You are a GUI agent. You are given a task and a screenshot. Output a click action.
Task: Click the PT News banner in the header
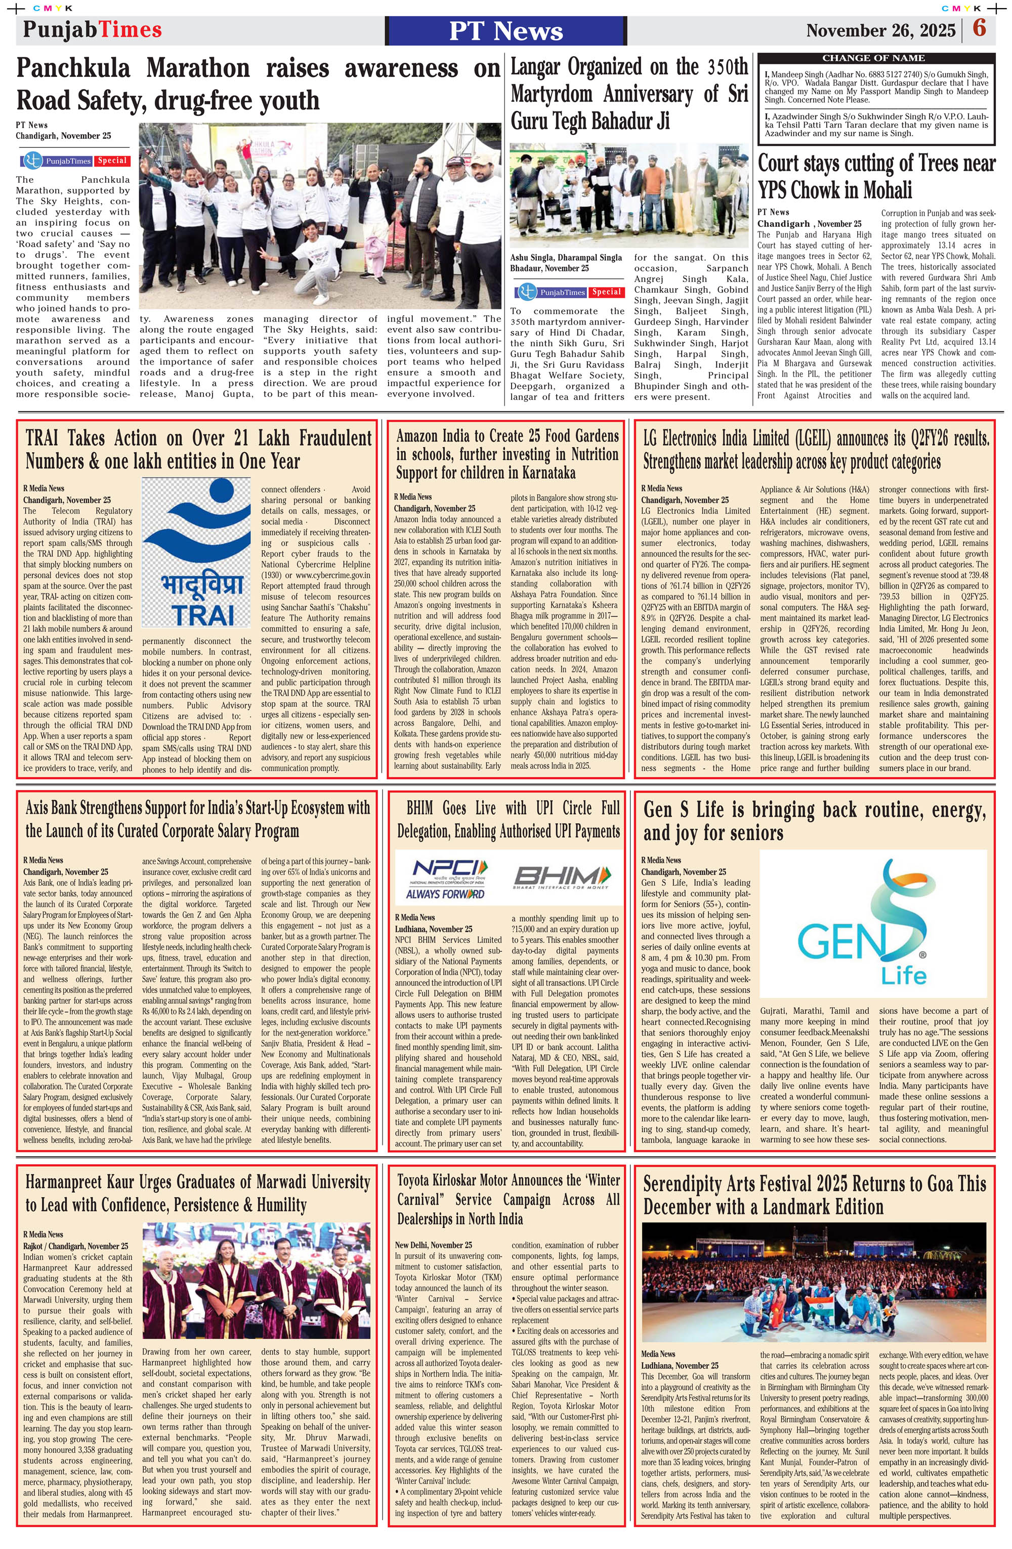[505, 30]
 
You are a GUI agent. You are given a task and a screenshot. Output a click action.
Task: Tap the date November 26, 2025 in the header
[880, 30]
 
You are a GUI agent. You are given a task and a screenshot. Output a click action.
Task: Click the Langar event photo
[629, 195]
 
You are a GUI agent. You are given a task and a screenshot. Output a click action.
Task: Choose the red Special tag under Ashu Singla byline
[606, 292]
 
